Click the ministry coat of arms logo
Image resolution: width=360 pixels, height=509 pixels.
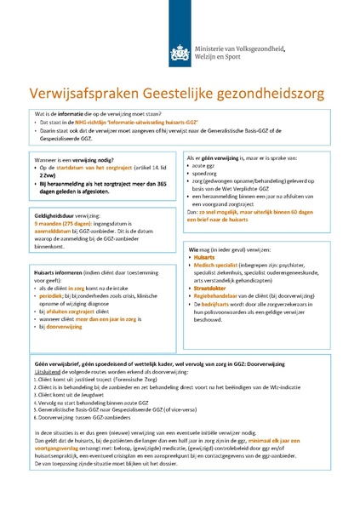[179, 52]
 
